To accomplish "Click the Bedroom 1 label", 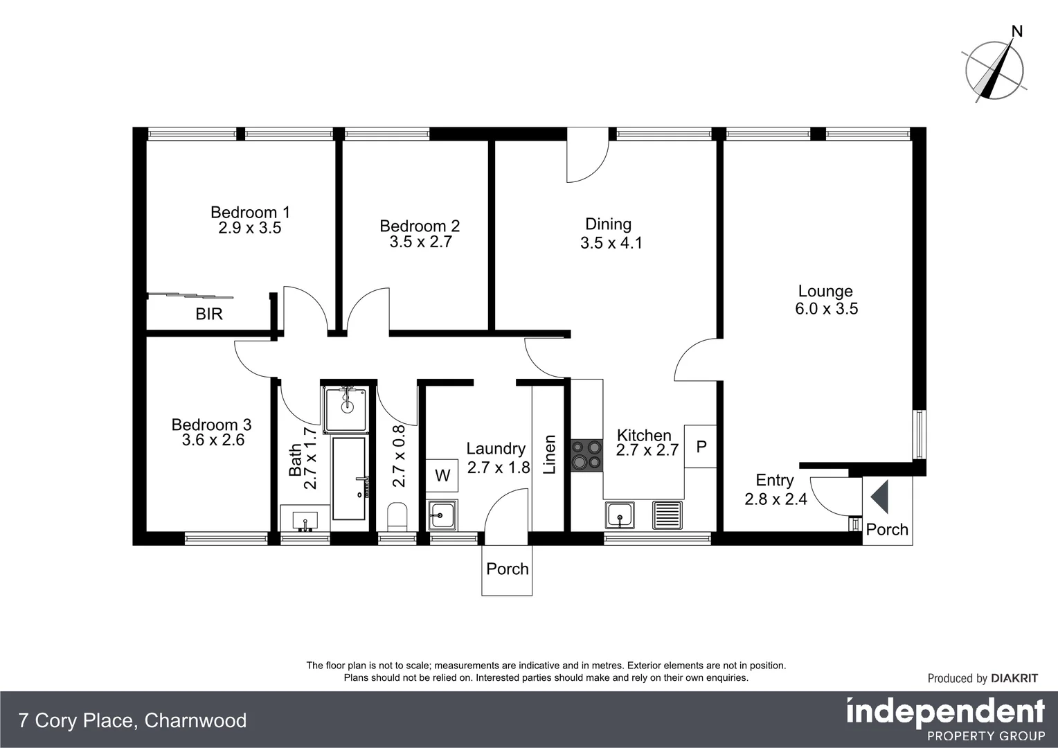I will click(250, 213).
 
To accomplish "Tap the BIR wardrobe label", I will click(208, 314).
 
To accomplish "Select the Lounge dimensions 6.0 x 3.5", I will click(826, 309).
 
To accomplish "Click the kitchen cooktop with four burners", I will click(586, 455).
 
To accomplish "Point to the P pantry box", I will click(701, 447).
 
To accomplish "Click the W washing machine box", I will click(442, 475).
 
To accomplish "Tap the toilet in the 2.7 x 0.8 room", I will click(397, 516).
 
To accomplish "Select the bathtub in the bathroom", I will click(349, 478).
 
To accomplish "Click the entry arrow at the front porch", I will click(879, 497).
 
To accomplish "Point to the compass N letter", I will click(1017, 31).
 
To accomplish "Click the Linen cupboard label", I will click(550, 454).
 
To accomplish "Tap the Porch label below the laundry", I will click(507, 569).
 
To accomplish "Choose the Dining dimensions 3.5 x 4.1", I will click(611, 243).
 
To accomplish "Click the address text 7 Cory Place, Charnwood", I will click(132, 721).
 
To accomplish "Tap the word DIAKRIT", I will click(1014, 679).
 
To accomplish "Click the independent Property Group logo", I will click(945, 719).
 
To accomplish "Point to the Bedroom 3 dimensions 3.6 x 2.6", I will click(213, 440).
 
